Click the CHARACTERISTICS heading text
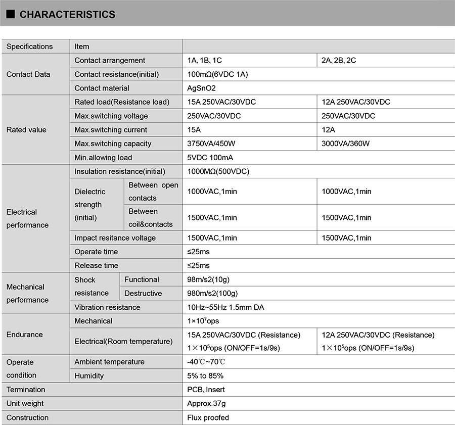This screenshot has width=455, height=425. [67, 15]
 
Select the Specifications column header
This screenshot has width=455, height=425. [29, 46]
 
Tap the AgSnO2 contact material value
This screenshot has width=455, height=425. [201, 88]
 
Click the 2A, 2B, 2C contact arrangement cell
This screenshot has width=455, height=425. [339, 60]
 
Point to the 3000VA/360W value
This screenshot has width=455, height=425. [346, 144]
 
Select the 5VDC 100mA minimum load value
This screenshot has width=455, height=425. [210, 157]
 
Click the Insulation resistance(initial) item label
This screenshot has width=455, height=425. [120, 171]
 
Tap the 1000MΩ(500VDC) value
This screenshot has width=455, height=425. [218, 171]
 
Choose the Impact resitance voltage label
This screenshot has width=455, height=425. [115, 238]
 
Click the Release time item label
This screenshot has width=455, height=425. [96, 265]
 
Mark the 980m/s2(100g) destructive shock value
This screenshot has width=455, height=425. [212, 293]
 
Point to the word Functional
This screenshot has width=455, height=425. [142, 279]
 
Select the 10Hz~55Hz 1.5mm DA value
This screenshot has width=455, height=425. [225, 307]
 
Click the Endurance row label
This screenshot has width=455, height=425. [25, 335]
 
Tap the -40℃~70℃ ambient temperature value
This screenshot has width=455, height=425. [206, 362]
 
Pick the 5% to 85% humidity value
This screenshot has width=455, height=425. [205, 375]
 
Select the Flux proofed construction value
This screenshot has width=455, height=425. [208, 417]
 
